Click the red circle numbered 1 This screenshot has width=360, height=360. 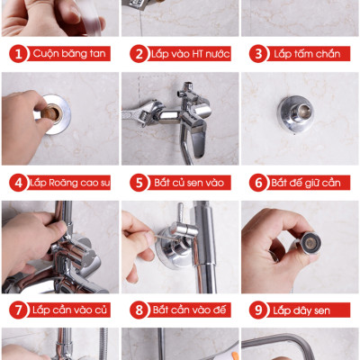17,53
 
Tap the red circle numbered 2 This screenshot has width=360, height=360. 139,53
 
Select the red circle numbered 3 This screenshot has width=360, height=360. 257,53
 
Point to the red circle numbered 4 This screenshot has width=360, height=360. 17,183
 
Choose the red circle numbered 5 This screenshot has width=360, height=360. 139,183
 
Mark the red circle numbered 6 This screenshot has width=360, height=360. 257,183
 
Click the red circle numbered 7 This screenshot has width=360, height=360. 17,310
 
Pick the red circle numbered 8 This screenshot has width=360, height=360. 139,310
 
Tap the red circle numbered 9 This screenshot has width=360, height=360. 257,310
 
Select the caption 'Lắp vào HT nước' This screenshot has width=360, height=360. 192,54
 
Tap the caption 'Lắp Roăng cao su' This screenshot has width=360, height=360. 71,184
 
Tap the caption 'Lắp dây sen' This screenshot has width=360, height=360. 303,310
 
